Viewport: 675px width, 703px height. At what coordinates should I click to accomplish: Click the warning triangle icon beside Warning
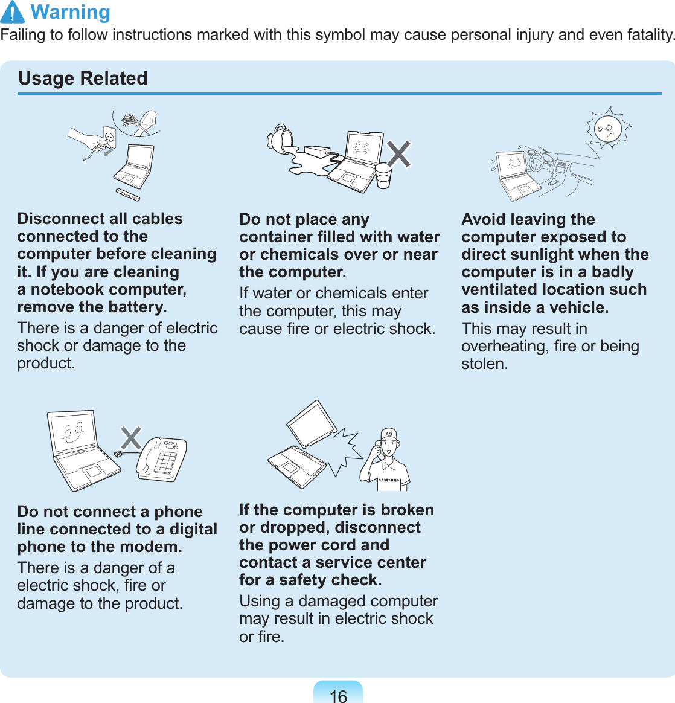pyautogui.click(x=13, y=12)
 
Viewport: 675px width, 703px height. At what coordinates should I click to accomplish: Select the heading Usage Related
pyautogui.click(x=83, y=79)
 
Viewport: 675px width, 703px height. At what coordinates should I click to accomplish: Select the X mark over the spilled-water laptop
pyautogui.click(x=399, y=154)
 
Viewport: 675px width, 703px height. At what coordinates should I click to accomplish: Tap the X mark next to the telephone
pyautogui.click(x=130, y=438)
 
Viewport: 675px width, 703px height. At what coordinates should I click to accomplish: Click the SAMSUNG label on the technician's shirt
pyautogui.click(x=389, y=481)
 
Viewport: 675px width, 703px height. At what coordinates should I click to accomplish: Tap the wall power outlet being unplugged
pyautogui.click(x=109, y=138)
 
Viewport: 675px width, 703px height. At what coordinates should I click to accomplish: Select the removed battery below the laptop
pyautogui.click(x=128, y=194)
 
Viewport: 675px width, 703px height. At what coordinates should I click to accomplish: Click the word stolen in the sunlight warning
pyautogui.click(x=484, y=364)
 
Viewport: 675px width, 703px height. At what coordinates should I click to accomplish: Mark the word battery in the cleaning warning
pyautogui.click(x=135, y=307)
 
